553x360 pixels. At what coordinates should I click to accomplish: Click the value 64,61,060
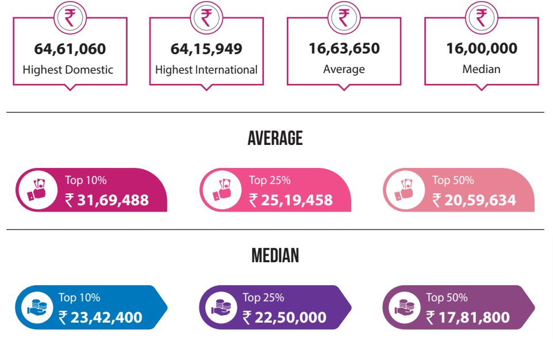(70, 49)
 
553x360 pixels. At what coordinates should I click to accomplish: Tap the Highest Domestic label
(68, 70)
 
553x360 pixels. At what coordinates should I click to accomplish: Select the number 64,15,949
(206, 49)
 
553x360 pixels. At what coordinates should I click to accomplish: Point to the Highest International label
(206, 70)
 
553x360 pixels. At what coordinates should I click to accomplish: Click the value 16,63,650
(344, 48)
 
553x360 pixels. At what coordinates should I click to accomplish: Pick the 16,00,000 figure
(482, 48)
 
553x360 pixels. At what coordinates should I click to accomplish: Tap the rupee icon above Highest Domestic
(70, 17)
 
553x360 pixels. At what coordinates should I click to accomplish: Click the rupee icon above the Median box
(482, 17)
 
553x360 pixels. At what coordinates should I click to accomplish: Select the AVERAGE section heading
(275, 138)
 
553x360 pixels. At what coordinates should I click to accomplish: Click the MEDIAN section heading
(275, 255)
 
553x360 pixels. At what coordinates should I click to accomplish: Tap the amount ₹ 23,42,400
(100, 317)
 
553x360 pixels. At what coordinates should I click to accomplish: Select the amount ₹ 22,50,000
(284, 317)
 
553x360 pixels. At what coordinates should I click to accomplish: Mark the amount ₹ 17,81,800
(467, 317)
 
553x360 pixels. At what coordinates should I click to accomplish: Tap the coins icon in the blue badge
(38, 308)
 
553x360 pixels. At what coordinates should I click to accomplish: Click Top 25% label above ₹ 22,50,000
(263, 297)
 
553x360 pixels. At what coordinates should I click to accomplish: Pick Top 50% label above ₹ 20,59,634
(453, 180)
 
